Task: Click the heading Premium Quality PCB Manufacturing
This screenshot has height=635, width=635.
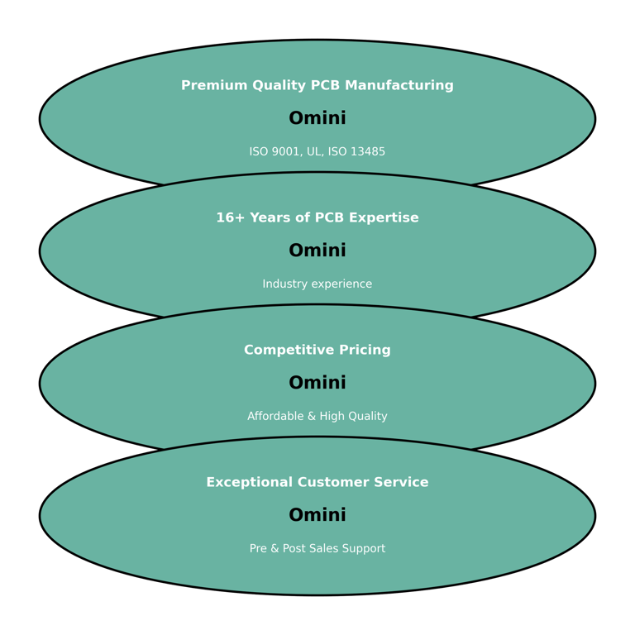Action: (x=317, y=85)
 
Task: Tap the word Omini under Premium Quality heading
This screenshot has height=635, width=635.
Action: (x=317, y=118)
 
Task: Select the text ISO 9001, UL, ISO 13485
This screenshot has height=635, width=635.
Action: (x=317, y=151)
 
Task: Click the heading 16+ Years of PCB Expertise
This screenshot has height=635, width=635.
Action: (x=317, y=217)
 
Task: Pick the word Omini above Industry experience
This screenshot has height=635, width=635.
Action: (x=317, y=251)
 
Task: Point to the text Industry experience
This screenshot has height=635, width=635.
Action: (x=317, y=284)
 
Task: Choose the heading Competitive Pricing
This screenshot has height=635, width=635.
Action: (x=317, y=350)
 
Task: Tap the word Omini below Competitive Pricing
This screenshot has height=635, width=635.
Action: (x=317, y=383)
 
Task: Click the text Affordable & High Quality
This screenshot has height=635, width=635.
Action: (x=317, y=416)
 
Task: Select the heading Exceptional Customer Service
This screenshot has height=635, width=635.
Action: (x=317, y=482)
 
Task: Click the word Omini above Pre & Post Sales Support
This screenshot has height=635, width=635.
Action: (x=317, y=515)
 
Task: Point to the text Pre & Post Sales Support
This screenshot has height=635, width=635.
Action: (x=317, y=548)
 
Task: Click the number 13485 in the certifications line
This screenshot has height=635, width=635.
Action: (x=368, y=151)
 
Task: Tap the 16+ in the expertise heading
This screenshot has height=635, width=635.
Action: (x=228, y=217)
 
